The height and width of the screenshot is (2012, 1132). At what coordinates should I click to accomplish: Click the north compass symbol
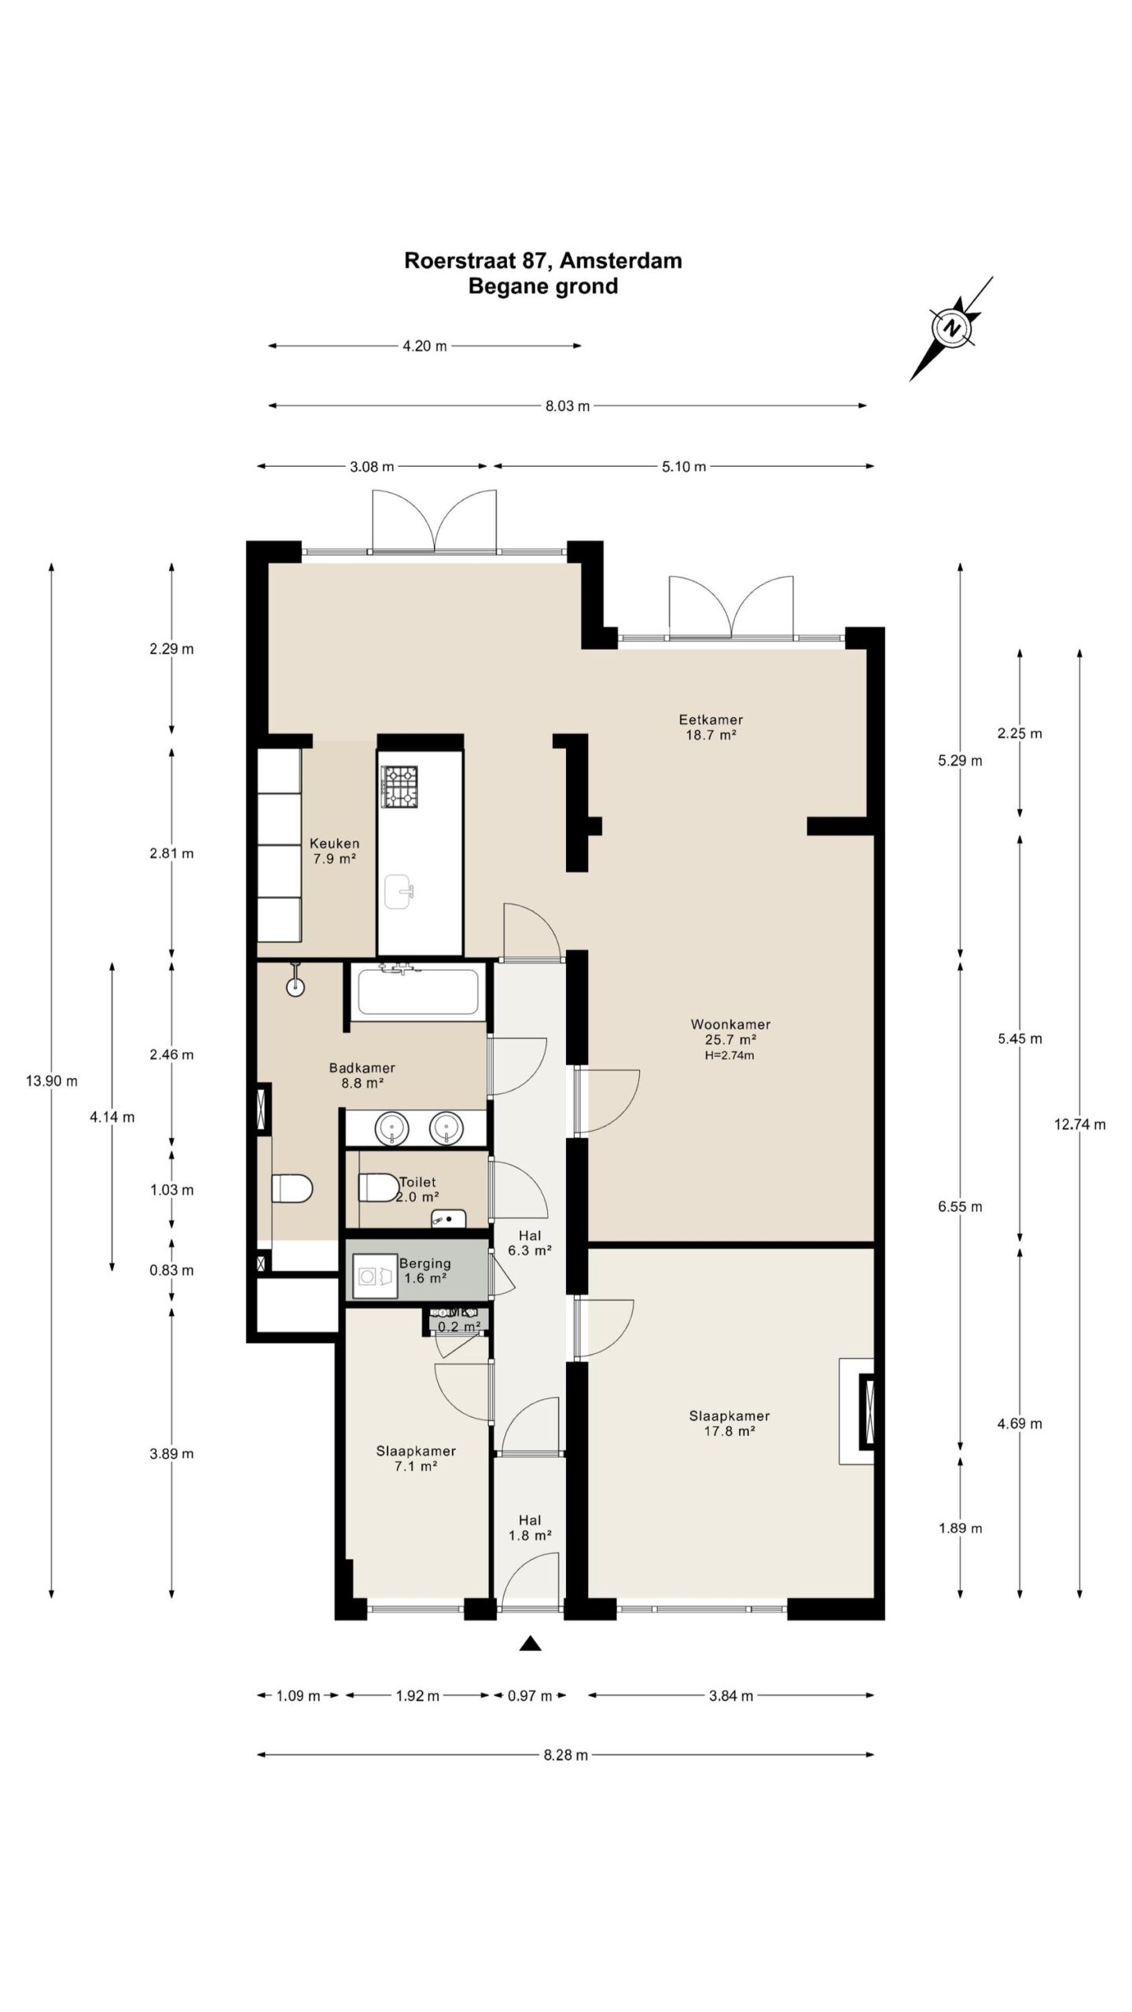[952, 328]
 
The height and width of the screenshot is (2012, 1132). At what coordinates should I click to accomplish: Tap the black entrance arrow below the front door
[531, 1643]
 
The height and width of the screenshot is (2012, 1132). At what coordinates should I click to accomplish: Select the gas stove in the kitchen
[399, 786]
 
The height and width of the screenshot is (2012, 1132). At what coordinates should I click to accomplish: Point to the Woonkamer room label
[730, 1024]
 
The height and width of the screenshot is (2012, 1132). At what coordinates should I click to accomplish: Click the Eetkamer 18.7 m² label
[710, 727]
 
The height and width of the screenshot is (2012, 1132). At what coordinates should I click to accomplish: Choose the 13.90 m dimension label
[52, 1081]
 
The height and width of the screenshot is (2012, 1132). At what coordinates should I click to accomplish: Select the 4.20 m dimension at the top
[424, 346]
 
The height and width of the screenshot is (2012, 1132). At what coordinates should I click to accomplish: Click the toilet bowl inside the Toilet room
[378, 1187]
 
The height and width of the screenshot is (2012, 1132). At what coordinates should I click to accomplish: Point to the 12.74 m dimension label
[1079, 1125]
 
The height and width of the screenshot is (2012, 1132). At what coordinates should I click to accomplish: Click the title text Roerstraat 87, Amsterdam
[542, 261]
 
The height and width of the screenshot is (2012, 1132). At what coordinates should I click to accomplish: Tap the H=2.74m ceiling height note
[730, 1056]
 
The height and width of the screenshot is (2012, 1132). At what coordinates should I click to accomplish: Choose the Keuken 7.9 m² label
[335, 851]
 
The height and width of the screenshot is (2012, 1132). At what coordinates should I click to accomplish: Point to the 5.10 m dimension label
[684, 467]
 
